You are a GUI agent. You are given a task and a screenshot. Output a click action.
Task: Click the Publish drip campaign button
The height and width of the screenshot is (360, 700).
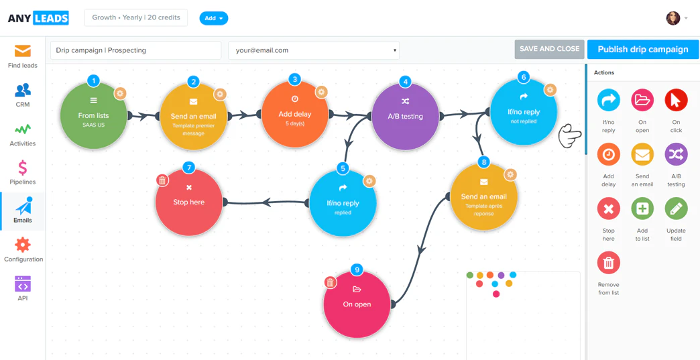pyautogui.click(x=642, y=50)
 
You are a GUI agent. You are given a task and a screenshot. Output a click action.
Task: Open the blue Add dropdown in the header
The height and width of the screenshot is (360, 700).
pyautogui.click(x=213, y=18)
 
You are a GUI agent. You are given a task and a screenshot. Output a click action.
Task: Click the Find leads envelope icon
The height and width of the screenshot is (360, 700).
pyautogui.click(x=23, y=52)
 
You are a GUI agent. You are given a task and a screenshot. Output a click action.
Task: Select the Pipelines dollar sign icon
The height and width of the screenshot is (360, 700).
pyautogui.click(x=23, y=168)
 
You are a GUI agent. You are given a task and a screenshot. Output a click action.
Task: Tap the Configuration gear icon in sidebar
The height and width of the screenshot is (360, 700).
pyautogui.click(x=23, y=245)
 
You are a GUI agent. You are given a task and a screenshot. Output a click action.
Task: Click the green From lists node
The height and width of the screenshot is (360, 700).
pyautogui.click(x=93, y=116)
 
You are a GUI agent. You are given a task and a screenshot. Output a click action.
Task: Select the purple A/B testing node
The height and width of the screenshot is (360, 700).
pyautogui.click(x=405, y=116)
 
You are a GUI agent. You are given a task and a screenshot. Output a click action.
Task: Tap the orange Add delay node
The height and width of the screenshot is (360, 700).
pyautogui.click(x=294, y=115)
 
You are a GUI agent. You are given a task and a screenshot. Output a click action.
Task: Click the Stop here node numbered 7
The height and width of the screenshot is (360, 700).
pyautogui.click(x=188, y=202)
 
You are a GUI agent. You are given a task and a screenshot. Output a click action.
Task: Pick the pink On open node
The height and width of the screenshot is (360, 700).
pyautogui.click(x=357, y=304)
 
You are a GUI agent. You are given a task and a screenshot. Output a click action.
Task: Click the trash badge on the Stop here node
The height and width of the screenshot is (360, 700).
pyautogui.click(x=162, y=180)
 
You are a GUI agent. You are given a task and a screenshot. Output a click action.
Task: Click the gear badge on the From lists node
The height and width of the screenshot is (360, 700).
pyautogui.click(x=120, y=94)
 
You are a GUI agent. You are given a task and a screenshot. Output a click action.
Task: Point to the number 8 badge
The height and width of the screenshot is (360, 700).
pyautogui.click(x=484, y=162)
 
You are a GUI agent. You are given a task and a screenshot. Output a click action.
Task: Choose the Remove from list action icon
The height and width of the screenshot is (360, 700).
pyautogui.click(x=608, y=263)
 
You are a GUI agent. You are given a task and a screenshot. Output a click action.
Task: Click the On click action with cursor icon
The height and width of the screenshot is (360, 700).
pyautogui.click(x=676, y=101)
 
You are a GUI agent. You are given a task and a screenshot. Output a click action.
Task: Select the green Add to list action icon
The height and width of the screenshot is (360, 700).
pyautogui.click(x=642, y=208)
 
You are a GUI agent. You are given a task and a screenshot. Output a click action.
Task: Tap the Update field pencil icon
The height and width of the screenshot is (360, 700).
pyautogui.click(x=676, y=208)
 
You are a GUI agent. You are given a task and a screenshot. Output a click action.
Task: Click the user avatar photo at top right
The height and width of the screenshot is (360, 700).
pyautogui.click(x=673, y=18)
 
